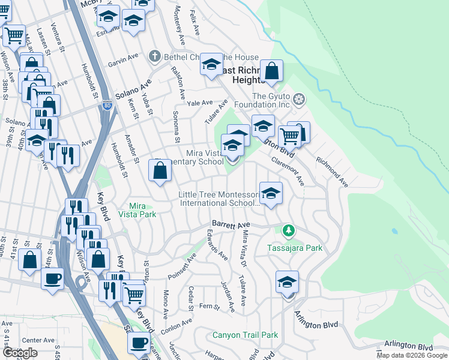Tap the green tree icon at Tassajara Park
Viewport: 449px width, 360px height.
tap(289, 230)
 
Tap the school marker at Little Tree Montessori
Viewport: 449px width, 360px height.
tap(271, 194)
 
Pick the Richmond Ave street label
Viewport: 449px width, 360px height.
tap(332, 170)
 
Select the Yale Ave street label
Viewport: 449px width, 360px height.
tap(200, 103)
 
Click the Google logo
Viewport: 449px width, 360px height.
tap(20, 352)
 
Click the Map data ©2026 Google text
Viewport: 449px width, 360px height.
tap(412, 355)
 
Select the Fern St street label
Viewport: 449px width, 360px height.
tap(209, 306)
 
